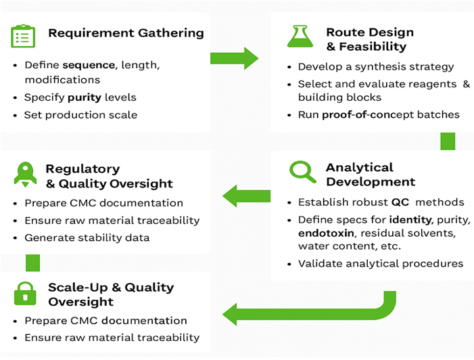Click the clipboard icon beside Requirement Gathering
(x=23, y=36)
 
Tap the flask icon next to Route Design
(x=300, y=36)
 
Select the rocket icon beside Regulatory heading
(x=25, y=174)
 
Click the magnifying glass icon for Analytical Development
(x=302, y=173)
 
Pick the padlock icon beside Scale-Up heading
(x=25, y=294)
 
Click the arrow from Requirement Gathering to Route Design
(x=234, y=58)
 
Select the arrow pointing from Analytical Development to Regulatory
(x=246, y=196)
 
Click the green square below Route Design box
(x=448, y=141)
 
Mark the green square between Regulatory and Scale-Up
(x=32, y=263)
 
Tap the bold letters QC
(x=400, y=202)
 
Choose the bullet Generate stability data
(x=87, y=238)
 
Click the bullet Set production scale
(x=80, y=114)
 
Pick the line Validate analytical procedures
(x=380, y=263)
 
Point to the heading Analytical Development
(x=370, y=175)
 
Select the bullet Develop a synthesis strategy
(x=375, y=67)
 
